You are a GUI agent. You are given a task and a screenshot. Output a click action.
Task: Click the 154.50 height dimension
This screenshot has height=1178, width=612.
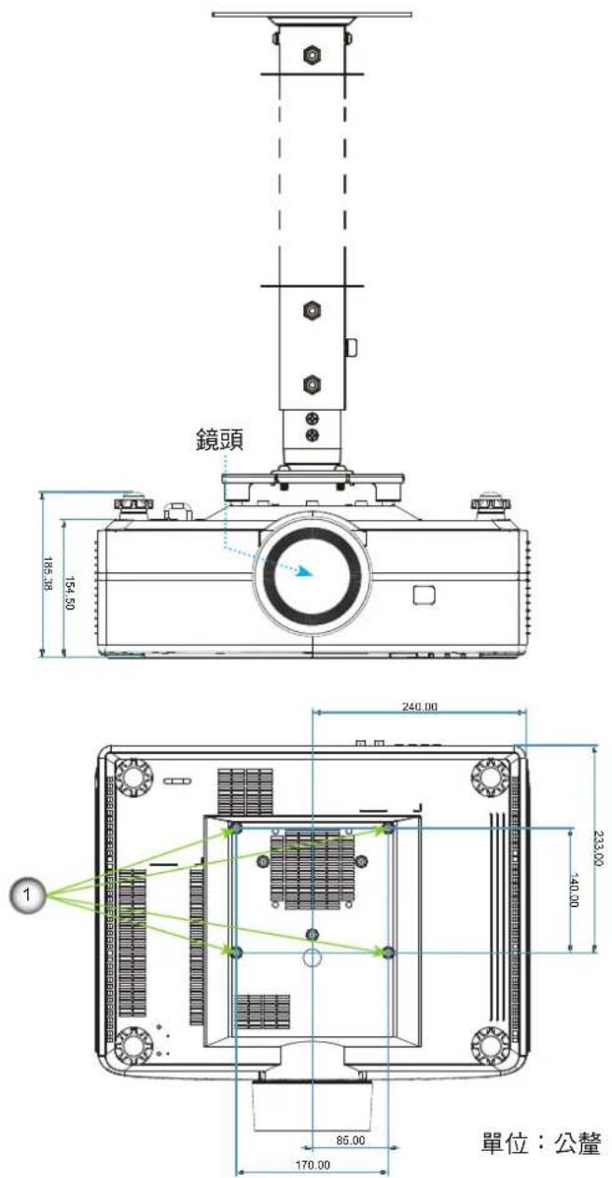[x=69, y=593]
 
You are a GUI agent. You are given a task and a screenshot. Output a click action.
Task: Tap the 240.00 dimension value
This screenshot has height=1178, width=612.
[x=420, y=706]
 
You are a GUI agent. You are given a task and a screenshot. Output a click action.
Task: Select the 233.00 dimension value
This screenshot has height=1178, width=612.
[x=598, y=848]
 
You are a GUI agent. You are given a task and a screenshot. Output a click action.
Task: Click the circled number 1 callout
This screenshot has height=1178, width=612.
[x=27, y=894]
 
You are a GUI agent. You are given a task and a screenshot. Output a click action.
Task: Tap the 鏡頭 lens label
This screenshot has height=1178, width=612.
[x=219, y=440]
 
